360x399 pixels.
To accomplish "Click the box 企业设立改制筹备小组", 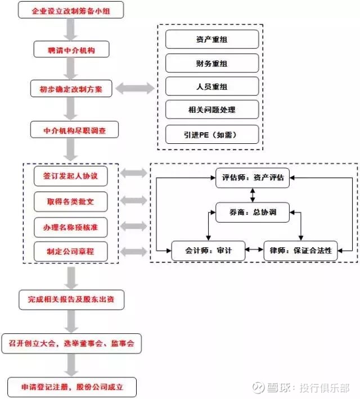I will click(70, 10).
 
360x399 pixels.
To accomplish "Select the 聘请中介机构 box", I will click(71, 50).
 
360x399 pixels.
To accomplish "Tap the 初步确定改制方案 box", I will click(71, 89).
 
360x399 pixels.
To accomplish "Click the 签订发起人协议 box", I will click(71, 176).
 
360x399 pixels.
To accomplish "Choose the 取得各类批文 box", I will click(71, 201).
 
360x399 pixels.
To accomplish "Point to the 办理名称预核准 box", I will click(71, 226).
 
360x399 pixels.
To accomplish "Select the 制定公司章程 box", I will click(71, 252).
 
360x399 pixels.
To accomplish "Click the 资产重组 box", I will click(212, 39).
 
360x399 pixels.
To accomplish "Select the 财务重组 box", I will click(212, 64).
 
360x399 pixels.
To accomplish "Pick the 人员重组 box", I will click(212, 87).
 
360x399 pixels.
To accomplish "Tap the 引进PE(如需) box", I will click(212, 134).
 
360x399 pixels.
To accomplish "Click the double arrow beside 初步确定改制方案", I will click(134, 88).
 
